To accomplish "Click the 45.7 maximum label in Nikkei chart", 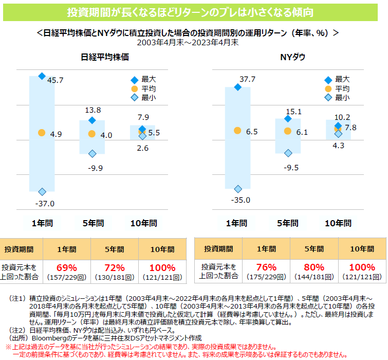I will (x=55, y=80).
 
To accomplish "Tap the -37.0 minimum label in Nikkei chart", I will (x=45, y=204).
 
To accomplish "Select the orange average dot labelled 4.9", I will (x=42, y=133).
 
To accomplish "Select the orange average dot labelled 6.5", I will (x=237, y=131).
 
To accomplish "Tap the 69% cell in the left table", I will (x=66, y=271).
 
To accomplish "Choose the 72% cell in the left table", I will (x=114, y=271).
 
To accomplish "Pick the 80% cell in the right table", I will (x=313, y=271).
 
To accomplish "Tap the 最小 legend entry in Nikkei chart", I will (x=143, y=98).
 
